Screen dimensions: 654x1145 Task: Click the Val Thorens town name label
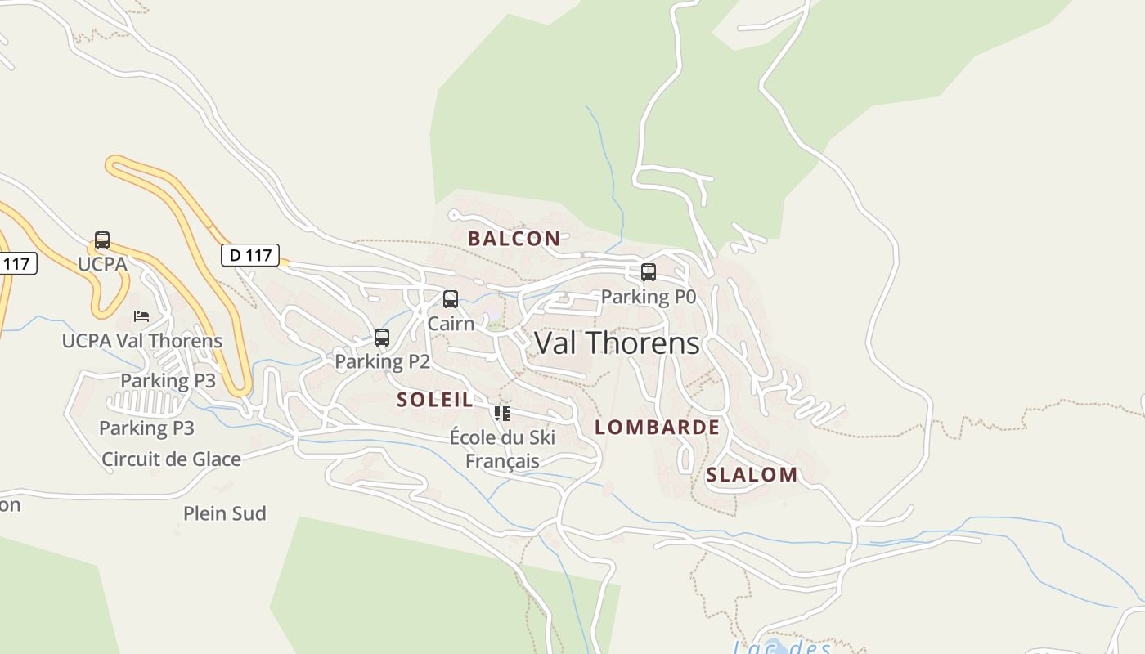(x=617, y=343)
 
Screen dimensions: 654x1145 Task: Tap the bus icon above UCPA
(x=102, y=240)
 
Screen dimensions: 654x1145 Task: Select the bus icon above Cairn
(x=451, y=299)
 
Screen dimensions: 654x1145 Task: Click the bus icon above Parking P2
(x=382, y=337)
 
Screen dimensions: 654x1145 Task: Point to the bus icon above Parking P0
(x=649, y=272)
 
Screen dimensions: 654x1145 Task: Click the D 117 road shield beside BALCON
(x=250, y=255)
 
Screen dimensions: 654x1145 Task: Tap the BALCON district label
(x=514, y=239)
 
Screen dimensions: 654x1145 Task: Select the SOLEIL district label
(x=435, y=400)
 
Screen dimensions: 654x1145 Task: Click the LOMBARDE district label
(x=657, y=427)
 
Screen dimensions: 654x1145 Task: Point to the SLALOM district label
(x=752, y=475)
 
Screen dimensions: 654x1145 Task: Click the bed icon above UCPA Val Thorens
(x=141, y=316)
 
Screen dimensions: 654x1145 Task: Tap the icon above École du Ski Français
(x=502, y=414)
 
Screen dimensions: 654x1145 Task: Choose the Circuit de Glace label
(x=171, y=459)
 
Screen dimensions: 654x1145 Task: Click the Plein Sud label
(x=225, y=513)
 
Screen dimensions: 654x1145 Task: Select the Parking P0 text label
(x=649, y=297)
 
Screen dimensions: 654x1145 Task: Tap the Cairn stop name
(x=451, y=324)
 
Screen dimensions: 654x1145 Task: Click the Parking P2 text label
(x=382, y=361)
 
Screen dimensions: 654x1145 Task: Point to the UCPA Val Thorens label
(x=142, y=341)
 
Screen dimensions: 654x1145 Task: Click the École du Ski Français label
(x=502, y=449)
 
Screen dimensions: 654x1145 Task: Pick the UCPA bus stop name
(x=102, y=264)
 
